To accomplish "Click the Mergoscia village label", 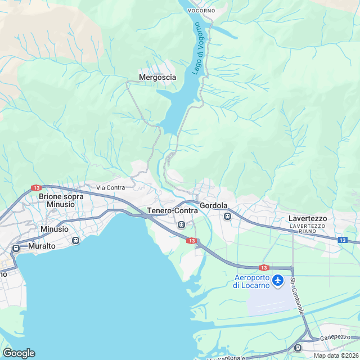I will click(157, 78).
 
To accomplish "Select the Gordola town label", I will click(213, 206).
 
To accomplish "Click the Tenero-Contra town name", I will click(172, 211).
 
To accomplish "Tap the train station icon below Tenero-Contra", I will click(181, 225).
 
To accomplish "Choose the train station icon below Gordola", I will click(227, 217).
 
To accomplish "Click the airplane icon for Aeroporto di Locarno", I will click(277, 280).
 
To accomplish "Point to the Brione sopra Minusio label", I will click(61, 200).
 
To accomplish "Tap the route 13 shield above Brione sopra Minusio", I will click(37, 188).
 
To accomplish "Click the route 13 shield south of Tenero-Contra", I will click(191, 241).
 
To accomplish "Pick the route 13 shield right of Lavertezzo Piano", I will click(343, 240).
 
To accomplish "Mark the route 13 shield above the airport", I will click(263, 268).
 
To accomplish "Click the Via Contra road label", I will click(111, 187).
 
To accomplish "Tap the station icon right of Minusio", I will click(76, 241).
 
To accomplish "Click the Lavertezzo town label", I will click(308, 218).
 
